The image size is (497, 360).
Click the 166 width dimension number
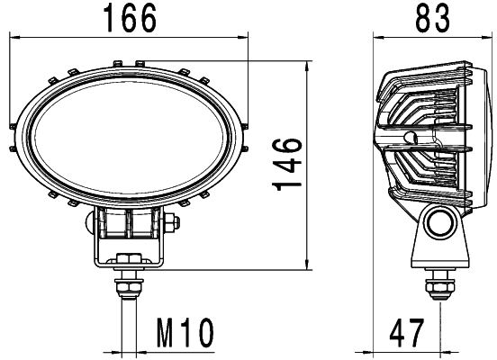[128, 17]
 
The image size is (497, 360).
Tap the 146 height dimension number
[287, 164]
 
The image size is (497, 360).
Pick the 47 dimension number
[407, 334]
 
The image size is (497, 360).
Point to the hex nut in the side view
[439, 284]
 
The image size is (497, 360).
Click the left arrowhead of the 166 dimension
[12, 38]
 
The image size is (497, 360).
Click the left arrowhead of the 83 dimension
[376, 38]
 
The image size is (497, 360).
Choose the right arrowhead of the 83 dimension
[483, 38]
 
